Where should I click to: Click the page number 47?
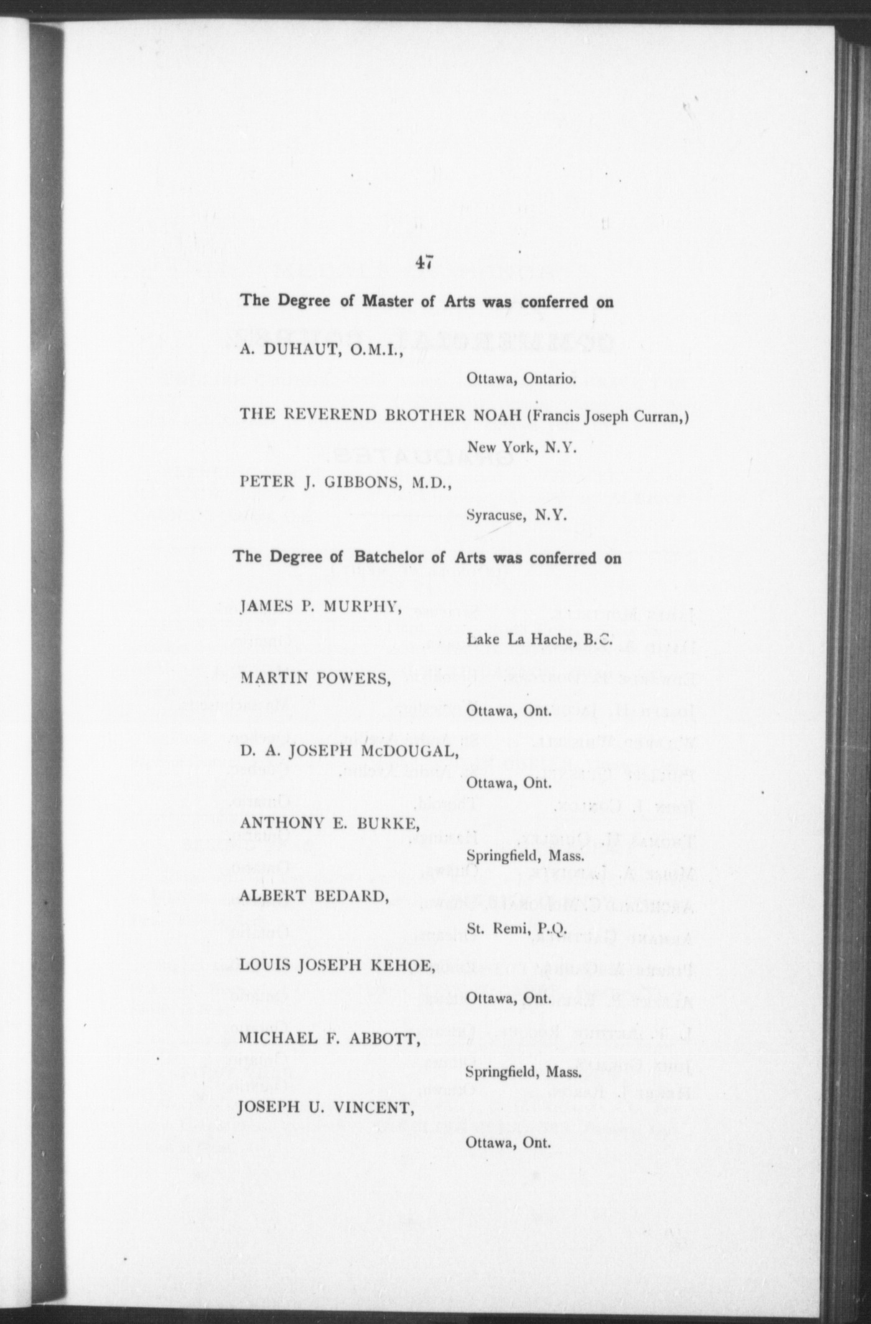pos(425,263)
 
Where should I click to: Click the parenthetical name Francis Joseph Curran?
pos(607,417)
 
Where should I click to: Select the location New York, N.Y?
pos(523,447)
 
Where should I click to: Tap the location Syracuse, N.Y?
pos(516,516)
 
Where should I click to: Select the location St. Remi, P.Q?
pos(516,929)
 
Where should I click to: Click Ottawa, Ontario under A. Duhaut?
pos(520,378)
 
